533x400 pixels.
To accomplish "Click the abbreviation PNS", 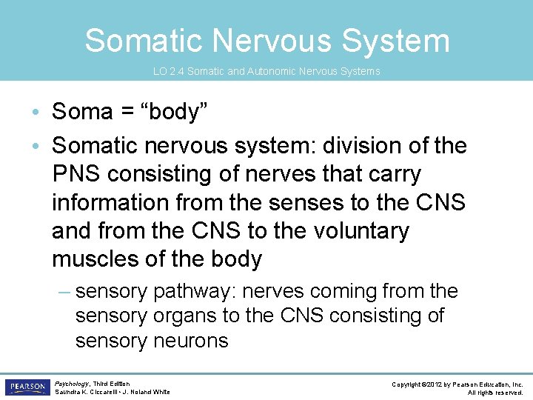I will click(77, 174).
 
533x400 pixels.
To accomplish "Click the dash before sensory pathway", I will click(64, 291).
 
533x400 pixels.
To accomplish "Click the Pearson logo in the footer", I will click(27, 387).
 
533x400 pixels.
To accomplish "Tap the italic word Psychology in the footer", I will click(72, 384).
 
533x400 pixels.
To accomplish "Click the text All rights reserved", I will click(495, 393).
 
